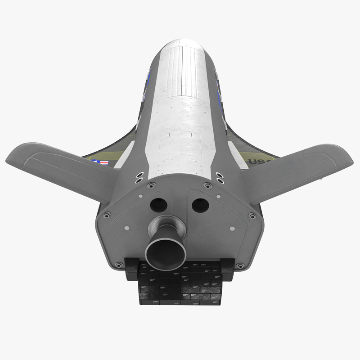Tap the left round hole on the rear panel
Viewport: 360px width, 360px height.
click(158, 205)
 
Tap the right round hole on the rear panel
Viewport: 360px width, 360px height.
click(200, 206)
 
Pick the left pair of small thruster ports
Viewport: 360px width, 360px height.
click(139, 177)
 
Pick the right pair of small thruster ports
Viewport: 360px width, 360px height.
click(220, 177)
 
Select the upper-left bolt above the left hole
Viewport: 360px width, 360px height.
click(151, 185)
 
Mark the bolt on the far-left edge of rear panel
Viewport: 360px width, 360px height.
click(107, 215)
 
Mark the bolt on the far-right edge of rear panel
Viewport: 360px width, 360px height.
click(252, 216)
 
